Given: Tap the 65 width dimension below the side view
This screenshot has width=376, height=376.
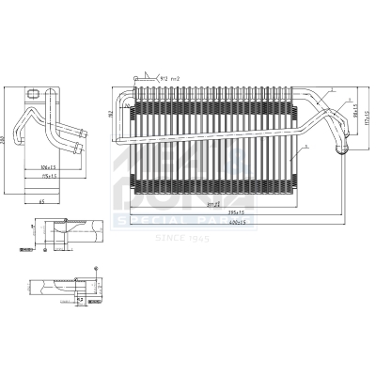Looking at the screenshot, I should point(42,201).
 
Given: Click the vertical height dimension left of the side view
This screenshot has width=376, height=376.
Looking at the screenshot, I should point(8,140).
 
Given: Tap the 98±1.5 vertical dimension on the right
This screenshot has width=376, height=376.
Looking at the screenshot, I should point(355,111).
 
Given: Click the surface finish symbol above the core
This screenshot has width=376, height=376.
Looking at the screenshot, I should point(142,78).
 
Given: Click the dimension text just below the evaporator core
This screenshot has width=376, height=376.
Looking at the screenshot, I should point(214,202).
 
